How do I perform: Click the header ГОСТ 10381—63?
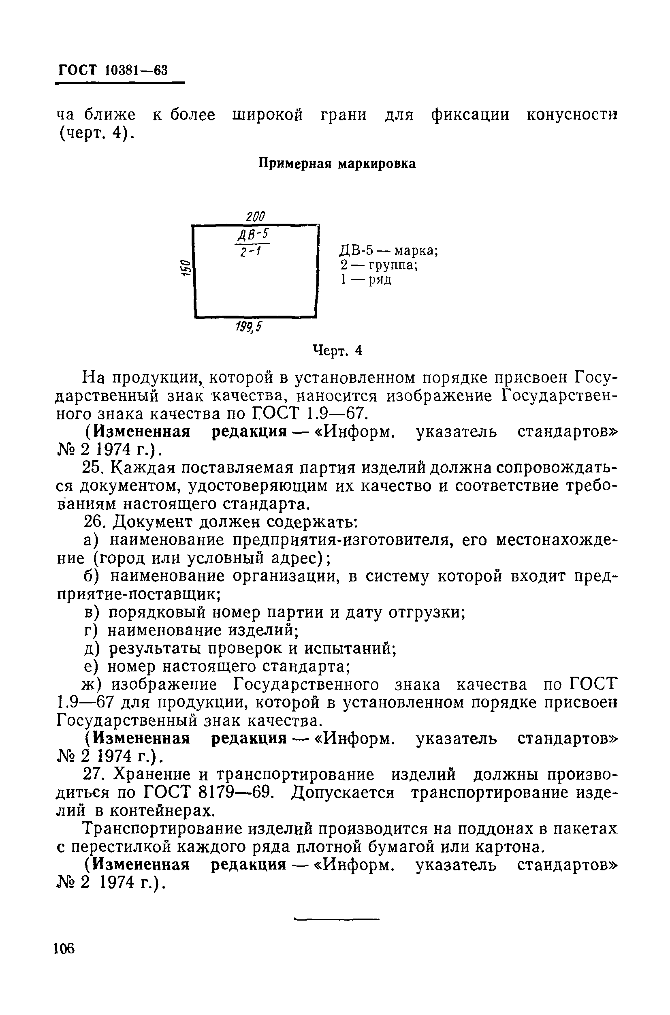113,70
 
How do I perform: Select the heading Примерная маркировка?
337,164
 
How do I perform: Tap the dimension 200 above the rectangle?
256,216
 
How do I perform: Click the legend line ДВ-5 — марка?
389,250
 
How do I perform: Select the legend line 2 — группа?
379,265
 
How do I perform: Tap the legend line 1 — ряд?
366,280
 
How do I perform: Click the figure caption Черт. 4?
337,350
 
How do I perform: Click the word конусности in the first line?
572,115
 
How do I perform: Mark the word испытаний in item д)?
350,648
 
